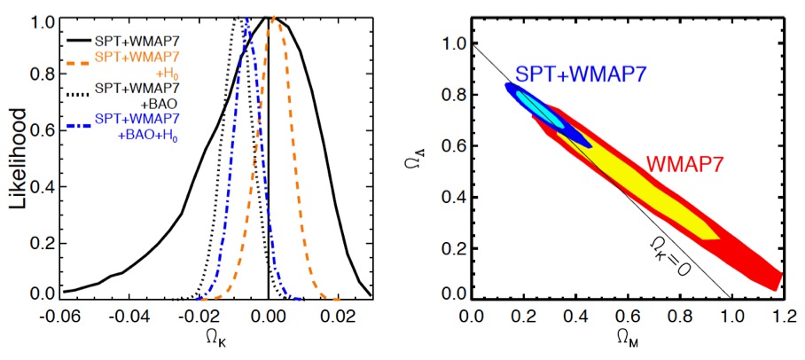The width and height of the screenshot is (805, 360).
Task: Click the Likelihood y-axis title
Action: pyautogui.click(x=18, y=157)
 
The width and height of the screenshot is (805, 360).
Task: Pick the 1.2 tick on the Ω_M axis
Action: pyautogui.click(x=781, y=316)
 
